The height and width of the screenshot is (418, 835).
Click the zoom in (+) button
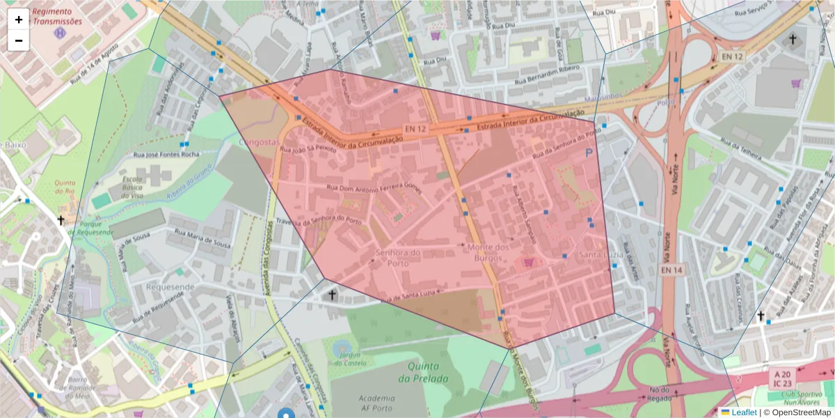(x=19, y=20)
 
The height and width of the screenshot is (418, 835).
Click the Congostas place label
(x=259, y=141)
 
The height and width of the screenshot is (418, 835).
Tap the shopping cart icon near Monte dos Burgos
(x=528, y=263)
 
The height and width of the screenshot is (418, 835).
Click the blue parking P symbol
(x=591, y=152)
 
